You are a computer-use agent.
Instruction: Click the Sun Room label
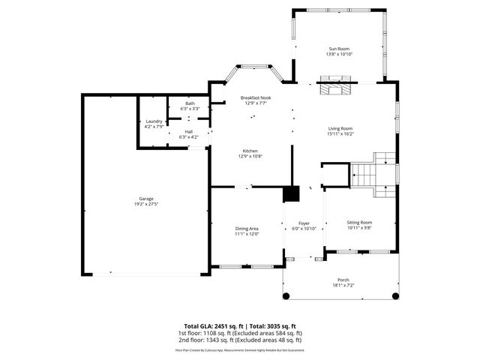point(339,49)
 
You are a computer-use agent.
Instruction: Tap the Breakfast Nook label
point(255,98)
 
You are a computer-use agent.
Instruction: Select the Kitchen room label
point(250,150)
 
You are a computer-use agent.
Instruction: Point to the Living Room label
point(340,128)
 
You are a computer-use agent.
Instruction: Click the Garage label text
point(145,199)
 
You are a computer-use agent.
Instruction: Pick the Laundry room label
point(154,121)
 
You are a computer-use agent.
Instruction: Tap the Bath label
point(190,103)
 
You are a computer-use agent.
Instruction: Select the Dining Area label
point(247,228)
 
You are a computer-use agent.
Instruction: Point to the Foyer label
point(304,223)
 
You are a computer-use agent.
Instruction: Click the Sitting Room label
point(359,222)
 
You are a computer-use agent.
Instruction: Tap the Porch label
point(343,280)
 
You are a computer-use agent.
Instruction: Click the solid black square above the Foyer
point(291,193)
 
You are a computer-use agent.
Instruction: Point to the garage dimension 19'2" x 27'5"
point(145,204)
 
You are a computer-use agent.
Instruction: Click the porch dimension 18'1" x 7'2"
point(343,285)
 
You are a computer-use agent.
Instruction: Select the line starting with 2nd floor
point(239,339)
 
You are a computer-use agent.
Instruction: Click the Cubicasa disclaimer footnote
point(239,349)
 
